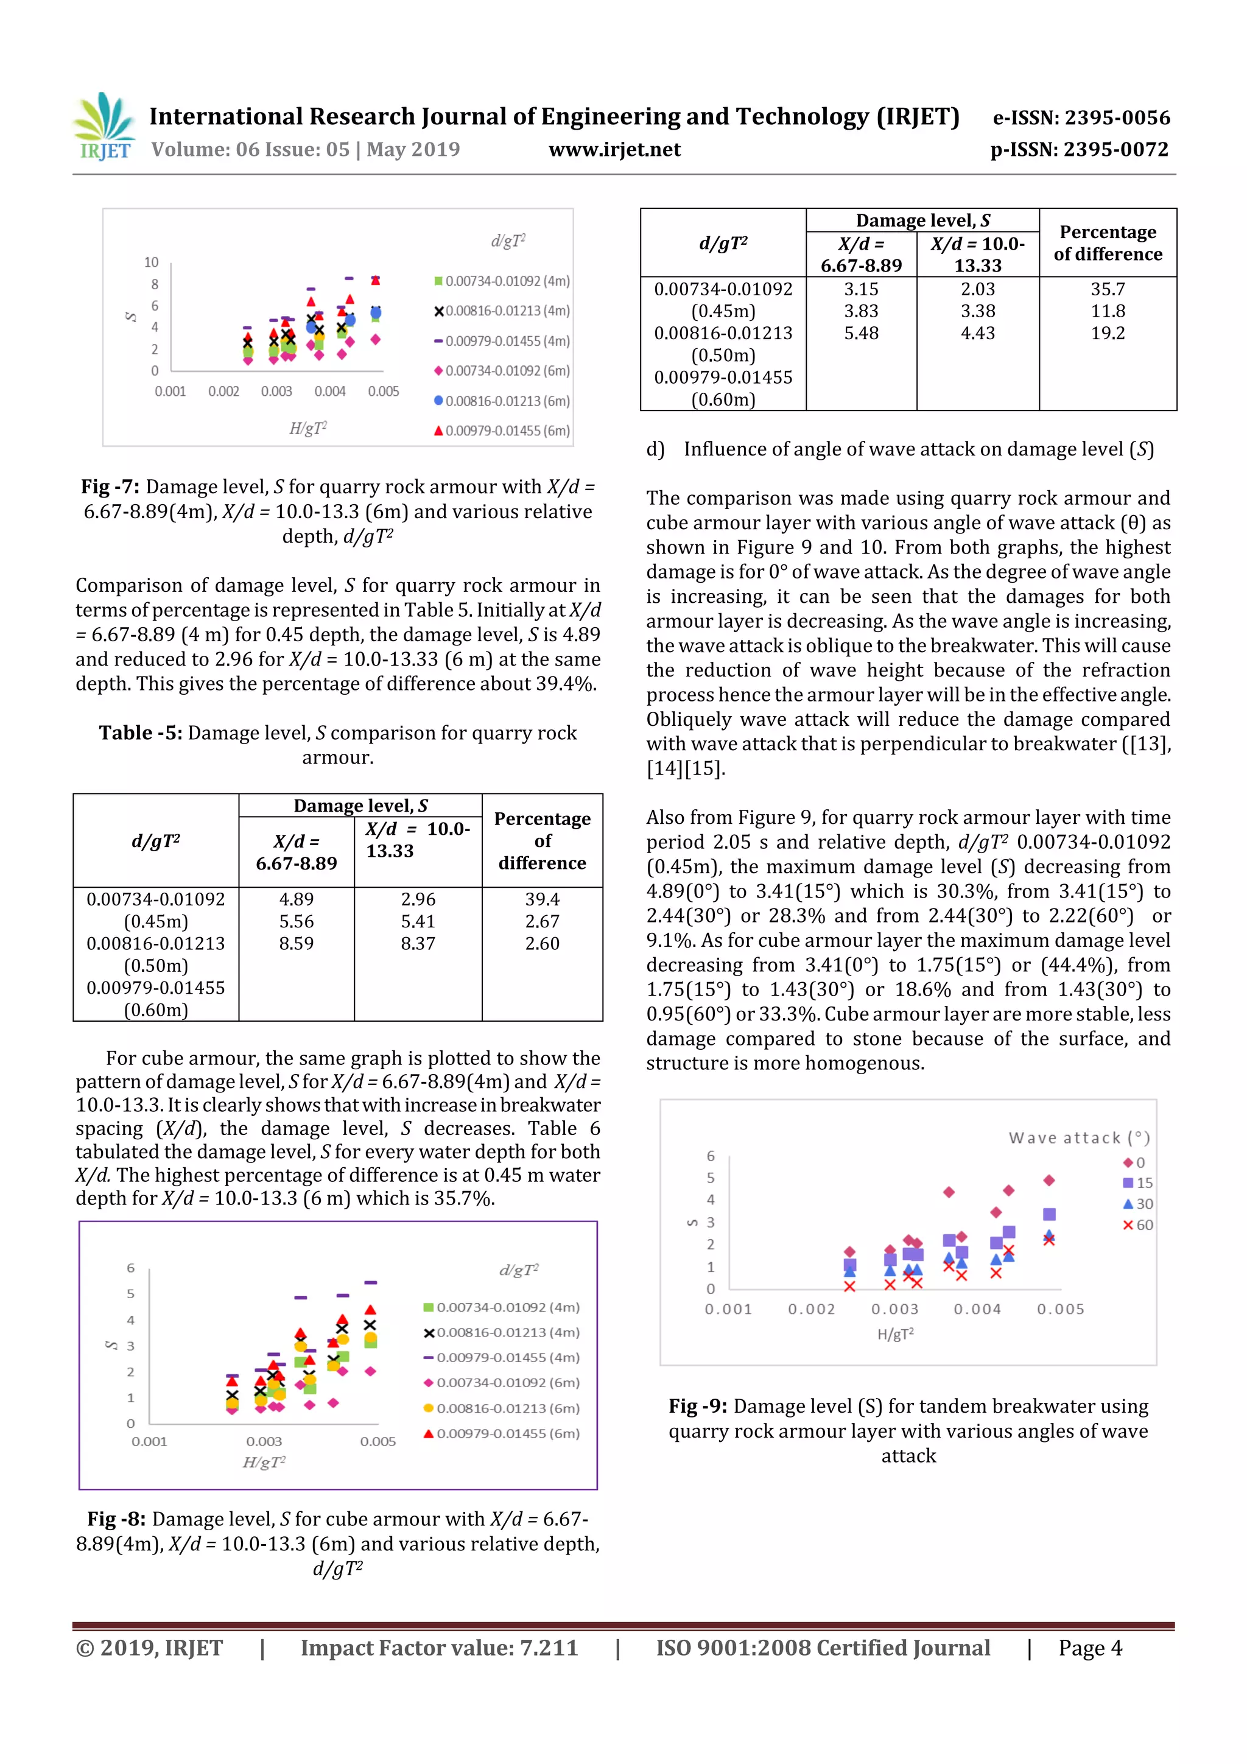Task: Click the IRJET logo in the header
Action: tap(104, 127)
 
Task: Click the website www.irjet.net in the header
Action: tap(614, 150)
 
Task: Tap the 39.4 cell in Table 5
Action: tap(542, 899)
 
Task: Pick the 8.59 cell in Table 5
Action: tap(296, 943)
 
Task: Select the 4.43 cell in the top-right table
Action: tap(977, 334)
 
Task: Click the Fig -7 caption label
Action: tap(110, 487)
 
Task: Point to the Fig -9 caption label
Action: tap(697, 1407)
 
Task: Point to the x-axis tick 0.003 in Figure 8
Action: tap(264, 1441)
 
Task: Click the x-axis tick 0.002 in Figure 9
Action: tap(810, 1309)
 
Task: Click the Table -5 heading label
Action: tap(140, 733)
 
